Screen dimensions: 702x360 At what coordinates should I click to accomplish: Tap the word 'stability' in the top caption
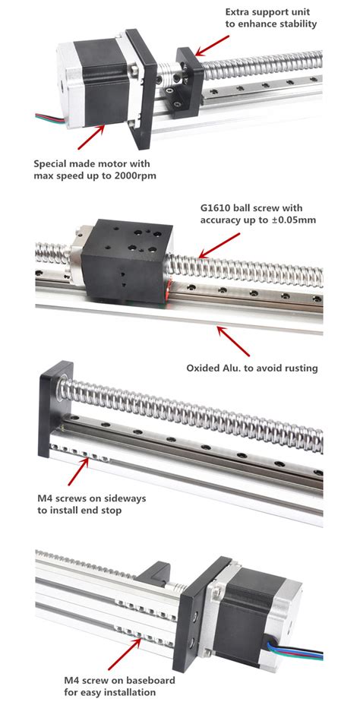pyautogui.click(x=292, y=24)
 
